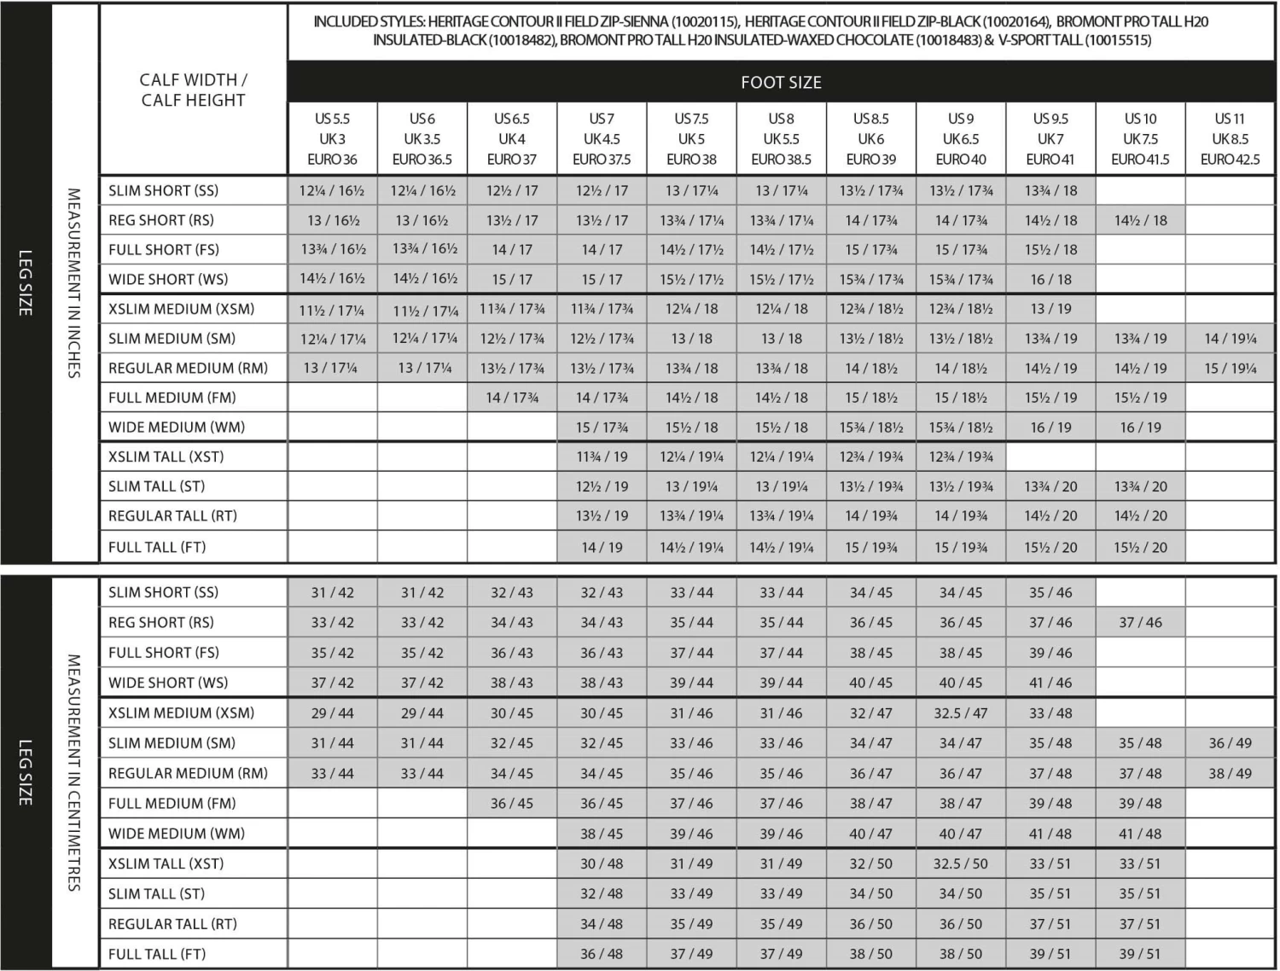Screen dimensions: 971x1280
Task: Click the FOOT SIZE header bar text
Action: tap(781, 83)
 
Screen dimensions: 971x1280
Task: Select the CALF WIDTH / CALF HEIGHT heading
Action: tap(194, 90)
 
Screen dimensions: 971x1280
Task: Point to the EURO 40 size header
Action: tap(960, 160)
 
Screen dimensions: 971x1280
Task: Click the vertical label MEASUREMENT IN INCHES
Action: tap(74, 283)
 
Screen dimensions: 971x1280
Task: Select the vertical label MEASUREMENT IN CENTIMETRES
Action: tap(74, 773)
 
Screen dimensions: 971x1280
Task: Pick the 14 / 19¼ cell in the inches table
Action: tap(1230, 339)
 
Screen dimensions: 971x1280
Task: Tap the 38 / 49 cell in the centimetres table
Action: tap(1230, 773)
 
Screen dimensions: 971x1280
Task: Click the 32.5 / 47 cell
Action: tap(960, 713)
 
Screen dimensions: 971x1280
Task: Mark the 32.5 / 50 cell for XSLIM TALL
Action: tap(960, 863)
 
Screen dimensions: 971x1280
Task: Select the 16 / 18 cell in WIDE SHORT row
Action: tap(1050, 279)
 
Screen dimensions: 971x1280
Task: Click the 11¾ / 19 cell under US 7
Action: tap(602, 456)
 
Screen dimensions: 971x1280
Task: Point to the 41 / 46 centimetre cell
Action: tap(1050, 683)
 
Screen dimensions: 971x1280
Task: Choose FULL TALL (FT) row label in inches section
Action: tap(157, 547)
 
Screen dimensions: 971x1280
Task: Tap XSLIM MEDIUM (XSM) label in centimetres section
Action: tap(181, 713)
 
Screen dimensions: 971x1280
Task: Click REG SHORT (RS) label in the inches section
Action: tap(161, 220)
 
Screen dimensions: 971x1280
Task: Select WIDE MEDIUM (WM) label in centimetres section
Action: tap(177, 834)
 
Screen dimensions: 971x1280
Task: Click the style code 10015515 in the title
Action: tap(1118, 40)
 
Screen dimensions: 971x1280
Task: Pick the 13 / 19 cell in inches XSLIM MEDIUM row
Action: tap(1050, 309)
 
